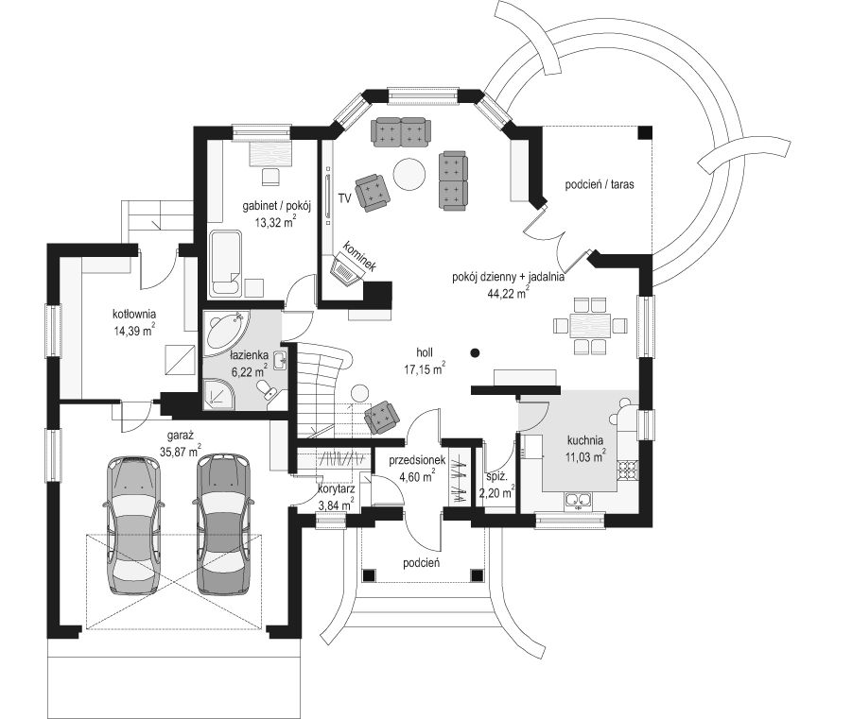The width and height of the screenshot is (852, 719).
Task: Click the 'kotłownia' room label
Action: click(134, 314)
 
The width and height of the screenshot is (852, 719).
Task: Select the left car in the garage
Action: click(133, 525)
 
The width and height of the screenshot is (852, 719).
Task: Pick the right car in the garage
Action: click(223, 524)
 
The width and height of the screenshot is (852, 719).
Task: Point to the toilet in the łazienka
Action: click(267, 389)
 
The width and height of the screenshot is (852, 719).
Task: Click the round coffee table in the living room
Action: click(409, 174)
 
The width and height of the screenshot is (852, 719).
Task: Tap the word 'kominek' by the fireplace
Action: click(359, 256)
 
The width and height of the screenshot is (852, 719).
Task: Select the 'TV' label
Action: click(344, 197)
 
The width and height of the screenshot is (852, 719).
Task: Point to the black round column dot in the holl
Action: click(475, 353)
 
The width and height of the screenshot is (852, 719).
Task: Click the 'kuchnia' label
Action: click(584, 440)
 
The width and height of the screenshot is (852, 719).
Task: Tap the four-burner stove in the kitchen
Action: click(626, 471)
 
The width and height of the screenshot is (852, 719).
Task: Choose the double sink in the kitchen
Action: click(577, 500)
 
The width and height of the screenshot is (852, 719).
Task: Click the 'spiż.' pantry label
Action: click(496, 478)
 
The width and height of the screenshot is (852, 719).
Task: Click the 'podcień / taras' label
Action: click(600, 184)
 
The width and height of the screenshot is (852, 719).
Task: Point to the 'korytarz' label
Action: click(336, 489)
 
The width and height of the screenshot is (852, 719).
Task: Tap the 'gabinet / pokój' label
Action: click(276, 206)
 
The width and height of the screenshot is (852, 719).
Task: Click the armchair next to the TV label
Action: click(373, 192)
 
